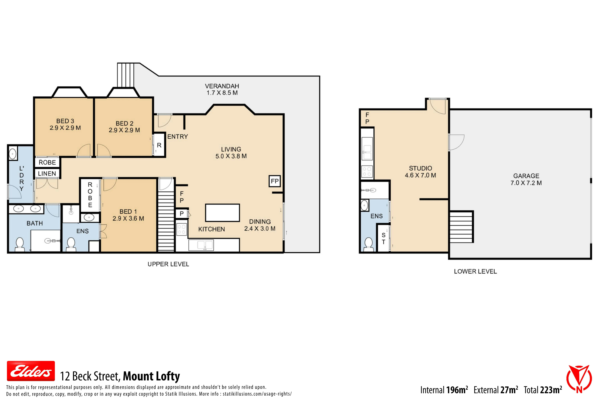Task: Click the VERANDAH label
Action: (222, 86)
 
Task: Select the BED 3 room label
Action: (65, 121)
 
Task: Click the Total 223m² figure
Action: (543, 390)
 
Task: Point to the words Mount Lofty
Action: (152, 376)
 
